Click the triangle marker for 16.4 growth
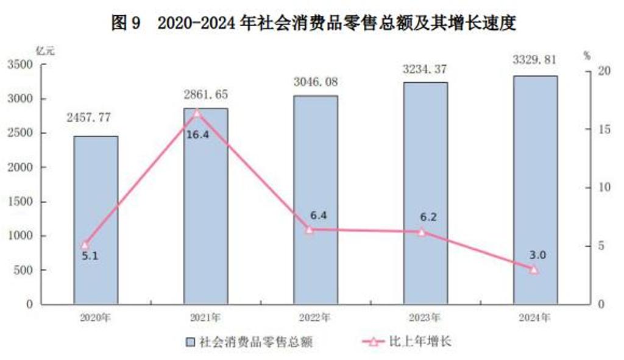[197, 113]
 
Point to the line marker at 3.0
[534, 269]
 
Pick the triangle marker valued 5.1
[85, 245]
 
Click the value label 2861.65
[205, 95]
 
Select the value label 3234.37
[425, 69]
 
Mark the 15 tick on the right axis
[604, 130]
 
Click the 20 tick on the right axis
[604, 72]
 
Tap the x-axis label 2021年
[205, 317]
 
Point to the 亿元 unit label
[46, 51]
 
